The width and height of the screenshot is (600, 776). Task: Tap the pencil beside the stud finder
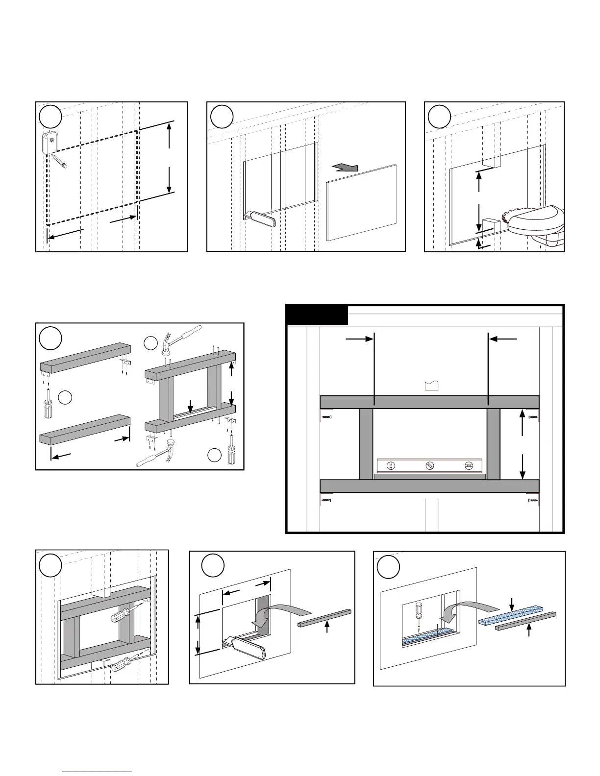(x=59, y=161)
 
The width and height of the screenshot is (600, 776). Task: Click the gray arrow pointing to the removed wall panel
(x=345, y=168)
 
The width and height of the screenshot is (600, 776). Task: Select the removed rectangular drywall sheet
(x=361, y=202)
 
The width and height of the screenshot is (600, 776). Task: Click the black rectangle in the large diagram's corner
(x=317, y=315)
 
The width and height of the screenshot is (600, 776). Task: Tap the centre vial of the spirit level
(x=430, y=466)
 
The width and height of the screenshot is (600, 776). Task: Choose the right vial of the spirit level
(x=469, y=466)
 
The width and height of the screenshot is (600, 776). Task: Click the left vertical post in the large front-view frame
(x=366, y=444)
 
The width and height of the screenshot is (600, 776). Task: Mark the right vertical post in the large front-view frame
(x=493, y=444)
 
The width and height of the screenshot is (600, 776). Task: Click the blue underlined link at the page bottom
(x=98, y=771)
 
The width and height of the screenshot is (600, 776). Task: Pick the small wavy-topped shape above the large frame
(x=431, y=385)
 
